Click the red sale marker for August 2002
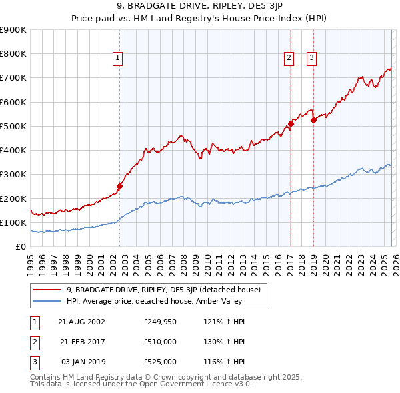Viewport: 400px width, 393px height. [x=120, y=187]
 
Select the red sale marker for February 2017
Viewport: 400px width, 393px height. [x=291, y=123]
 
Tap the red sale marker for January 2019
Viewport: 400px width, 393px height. [x=313, y=120]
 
